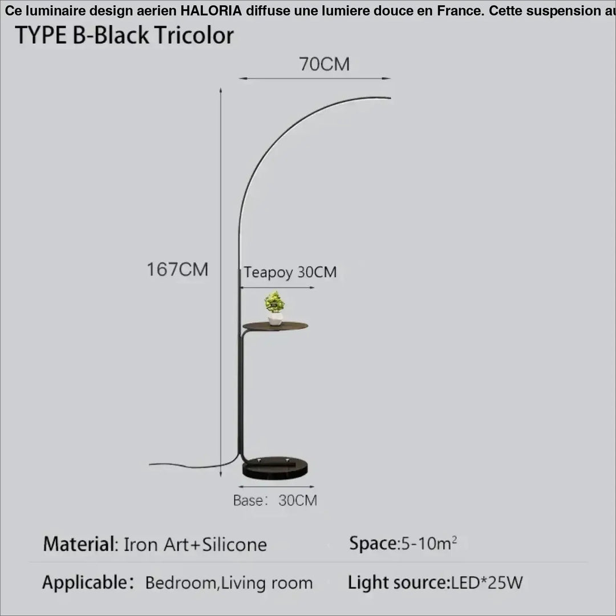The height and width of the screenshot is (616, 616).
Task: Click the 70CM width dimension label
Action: click(324, 64)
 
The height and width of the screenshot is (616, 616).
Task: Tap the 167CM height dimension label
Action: click(177, 269)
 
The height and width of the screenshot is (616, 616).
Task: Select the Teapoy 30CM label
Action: click(290, 272)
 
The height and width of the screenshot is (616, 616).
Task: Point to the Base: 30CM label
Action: click(275, 500)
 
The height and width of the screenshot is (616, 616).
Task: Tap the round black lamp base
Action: click(275, 468)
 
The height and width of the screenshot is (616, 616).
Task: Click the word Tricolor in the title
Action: click(194, 35)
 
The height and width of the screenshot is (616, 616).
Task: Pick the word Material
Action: click(79, 544)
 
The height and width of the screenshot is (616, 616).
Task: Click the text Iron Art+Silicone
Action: click(195, 545)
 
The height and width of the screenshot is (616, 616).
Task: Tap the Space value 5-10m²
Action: click(428, 544)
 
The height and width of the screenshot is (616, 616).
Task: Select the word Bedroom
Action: click(180, 583)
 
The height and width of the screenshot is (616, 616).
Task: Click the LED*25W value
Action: click(487, 582)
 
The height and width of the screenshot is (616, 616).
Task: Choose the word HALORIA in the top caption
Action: click(211, 11)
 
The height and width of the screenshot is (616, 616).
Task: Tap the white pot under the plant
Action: click(275, 319)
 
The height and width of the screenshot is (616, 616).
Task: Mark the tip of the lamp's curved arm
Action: click(391, 98)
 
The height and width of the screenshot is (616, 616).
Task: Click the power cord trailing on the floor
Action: click(193, 465)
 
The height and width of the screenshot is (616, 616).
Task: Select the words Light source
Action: click(398, 582)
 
